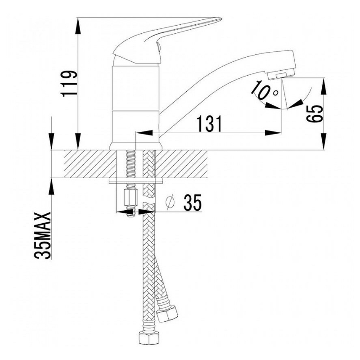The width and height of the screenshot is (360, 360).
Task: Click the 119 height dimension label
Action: (x=69, y=84)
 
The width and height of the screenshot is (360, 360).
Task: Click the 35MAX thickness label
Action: (x=42, y=236)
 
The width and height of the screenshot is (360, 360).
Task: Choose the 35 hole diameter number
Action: (x=192, y=203)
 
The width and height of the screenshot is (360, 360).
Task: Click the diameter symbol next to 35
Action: (x=170, y=203)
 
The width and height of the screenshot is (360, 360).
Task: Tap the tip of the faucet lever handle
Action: (x=221, y=19)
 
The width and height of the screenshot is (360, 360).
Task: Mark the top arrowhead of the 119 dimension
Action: (x=78, y=26)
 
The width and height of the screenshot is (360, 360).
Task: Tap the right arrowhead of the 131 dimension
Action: (x=273, y=133)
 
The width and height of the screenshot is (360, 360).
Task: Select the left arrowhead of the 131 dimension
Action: (x=144, y=133)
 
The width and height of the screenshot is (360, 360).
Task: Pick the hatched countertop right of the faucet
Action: (x=182, y=164)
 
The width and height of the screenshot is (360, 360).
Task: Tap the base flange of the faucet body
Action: (x=136, y=146)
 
